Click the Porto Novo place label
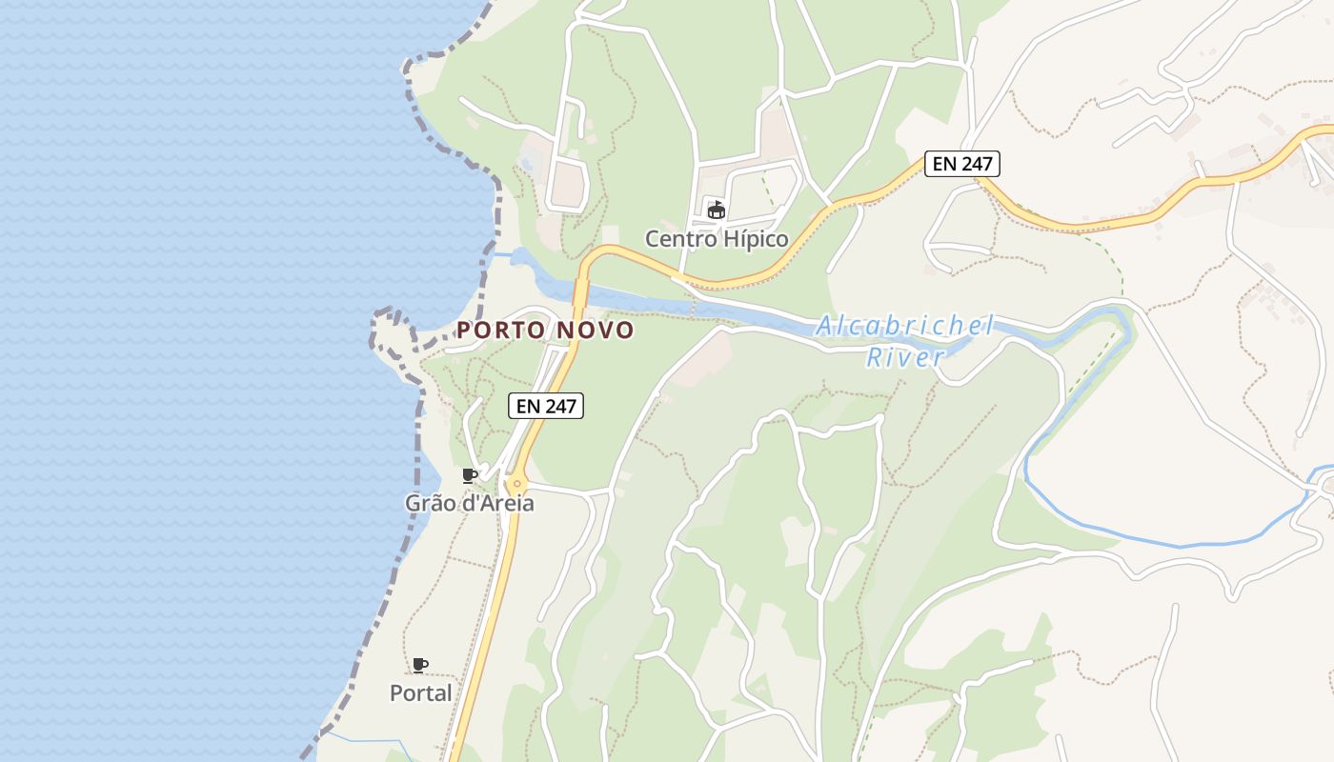545,330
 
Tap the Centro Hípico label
717,238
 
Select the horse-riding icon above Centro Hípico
716,209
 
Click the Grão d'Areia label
469,503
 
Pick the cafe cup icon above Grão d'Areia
469,474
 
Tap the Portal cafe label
420,692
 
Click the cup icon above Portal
420,664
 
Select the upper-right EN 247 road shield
962,164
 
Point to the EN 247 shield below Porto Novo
546,406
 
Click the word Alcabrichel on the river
905,326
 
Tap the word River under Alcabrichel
905,357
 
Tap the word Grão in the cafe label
430,503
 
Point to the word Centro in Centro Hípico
677,238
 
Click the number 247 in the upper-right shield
977,164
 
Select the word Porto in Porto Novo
500,330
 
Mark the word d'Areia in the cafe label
497,503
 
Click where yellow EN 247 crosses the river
580,295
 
